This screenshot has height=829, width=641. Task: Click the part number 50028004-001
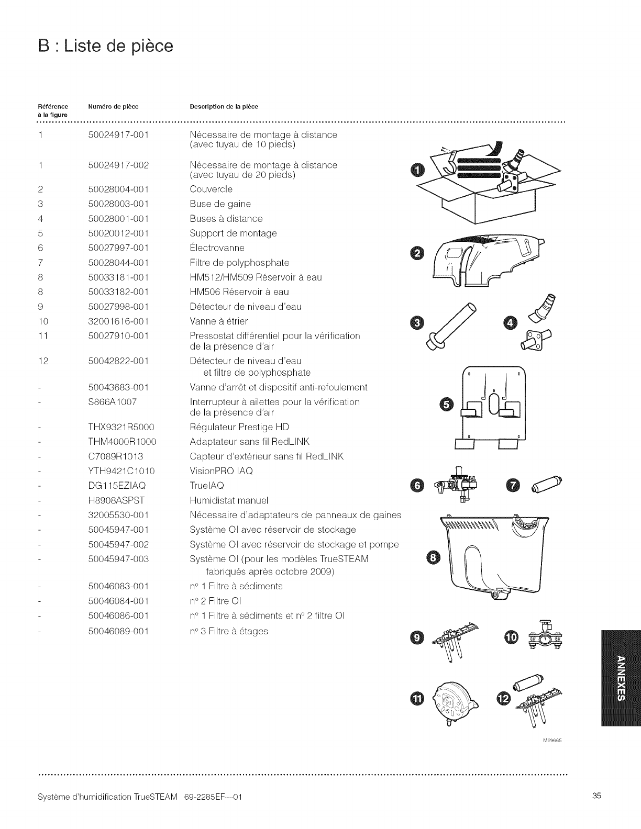coord(118,189)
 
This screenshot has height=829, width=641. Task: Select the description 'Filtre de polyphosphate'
coord(239,263)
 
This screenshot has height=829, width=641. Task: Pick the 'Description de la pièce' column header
coord(224,107)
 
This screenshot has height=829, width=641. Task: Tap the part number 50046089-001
coord(118,631)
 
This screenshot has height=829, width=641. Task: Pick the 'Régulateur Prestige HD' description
coord(239,427)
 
